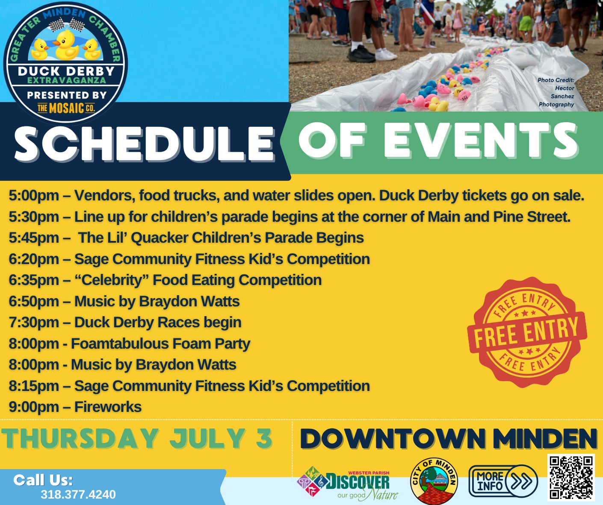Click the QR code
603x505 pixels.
pyautogui.click(x=571, y=478)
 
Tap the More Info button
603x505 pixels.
pyautogui.click(x=503, y=481)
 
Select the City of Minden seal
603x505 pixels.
pyautogui.click(x=434, y=481)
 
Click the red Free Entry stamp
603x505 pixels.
pyautogui.click(x=527, y=332)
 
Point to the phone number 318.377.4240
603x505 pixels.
pyautogui.click(x=78, y=495)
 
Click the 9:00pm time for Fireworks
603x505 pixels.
pyautogui.click(x=34, y=407)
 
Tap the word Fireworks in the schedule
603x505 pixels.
pyautogui.click(x=108, y=407)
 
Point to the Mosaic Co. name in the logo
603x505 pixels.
pyautogui.click(x=66, y=109)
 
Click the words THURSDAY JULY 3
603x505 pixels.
pyautogui.click(x=137, y=439)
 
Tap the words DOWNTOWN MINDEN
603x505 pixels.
pyautogui.click(x=448, y=439)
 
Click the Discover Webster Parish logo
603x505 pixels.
pyautogui.click(x=347, y=484)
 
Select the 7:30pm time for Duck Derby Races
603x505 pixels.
pyautogui.click(x=34, y=323)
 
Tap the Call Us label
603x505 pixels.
pyautogui.click(x=43, y=480)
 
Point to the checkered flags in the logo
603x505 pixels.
pyautogui.click(x=67, y=24)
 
